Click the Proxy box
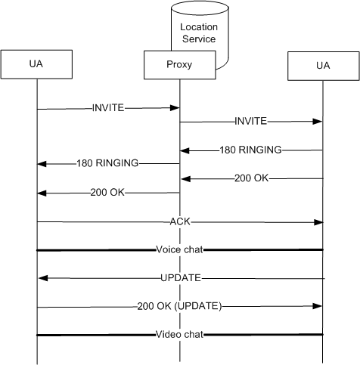pos(180,65)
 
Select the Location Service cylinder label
pos(199,33)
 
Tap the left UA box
pos(36,64)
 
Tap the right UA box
pos(324,66)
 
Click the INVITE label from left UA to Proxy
pos(108,108)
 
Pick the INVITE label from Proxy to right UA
pos(251,121)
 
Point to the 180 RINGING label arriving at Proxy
pos(251,150)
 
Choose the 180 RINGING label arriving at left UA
pos(107,163)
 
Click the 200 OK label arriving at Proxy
pos(252,178)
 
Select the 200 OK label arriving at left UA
pos(107,193)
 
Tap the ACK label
pos(180,221)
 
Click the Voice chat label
pos(179,249)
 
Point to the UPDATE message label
pos(181,278)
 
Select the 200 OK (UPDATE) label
pos(179,306)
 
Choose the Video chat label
pos(179,335)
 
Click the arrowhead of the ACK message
pos(318,222)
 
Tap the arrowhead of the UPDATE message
pos(43,278)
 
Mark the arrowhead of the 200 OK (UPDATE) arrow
pos(318,306)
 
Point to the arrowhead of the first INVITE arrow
pos(175,108)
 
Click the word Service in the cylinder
pos(199,39)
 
